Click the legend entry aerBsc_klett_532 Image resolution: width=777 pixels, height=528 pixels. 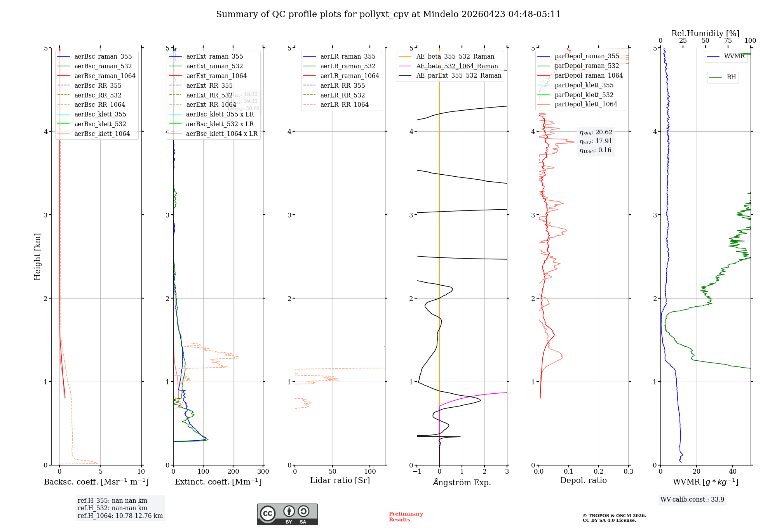pos(100,124)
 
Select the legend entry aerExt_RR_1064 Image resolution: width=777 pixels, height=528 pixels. pos(211,104)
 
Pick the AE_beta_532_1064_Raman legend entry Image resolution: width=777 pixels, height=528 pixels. pos(457,66)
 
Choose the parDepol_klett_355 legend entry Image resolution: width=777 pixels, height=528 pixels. pos(584,85)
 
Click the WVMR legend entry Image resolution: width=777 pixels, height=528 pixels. pos(734,56)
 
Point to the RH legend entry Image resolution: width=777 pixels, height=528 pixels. pos(731,77)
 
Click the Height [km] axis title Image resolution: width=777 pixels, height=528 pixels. pos(37,257)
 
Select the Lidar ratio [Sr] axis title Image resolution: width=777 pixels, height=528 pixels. pos(340,480)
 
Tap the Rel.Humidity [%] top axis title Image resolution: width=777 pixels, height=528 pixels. pos(705,33)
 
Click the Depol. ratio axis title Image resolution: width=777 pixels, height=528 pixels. pos(583,480)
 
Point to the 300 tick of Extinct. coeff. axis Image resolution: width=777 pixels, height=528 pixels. pos(263,471)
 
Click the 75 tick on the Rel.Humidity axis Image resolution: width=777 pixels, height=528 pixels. pos(728,41)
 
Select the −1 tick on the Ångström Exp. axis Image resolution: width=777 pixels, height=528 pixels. pos(417,471)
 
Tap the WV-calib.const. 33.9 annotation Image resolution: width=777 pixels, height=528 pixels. pos(692,499)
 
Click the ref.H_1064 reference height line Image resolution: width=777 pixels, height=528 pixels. pos(120,516)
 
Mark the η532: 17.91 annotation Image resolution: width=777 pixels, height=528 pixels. pos(596,141)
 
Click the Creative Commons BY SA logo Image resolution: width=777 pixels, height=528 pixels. pos(287,514)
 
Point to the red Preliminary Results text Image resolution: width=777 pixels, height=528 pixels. pos(406,516)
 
